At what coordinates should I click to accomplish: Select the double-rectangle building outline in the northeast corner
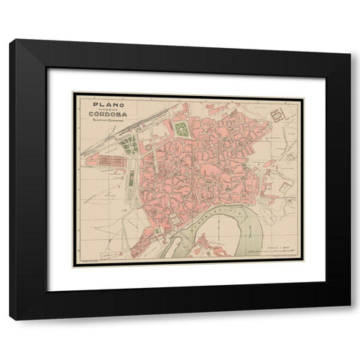coord(276,114)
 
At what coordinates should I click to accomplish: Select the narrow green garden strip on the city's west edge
coord(131,180)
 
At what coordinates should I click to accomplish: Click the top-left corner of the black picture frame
coord(10,42)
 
